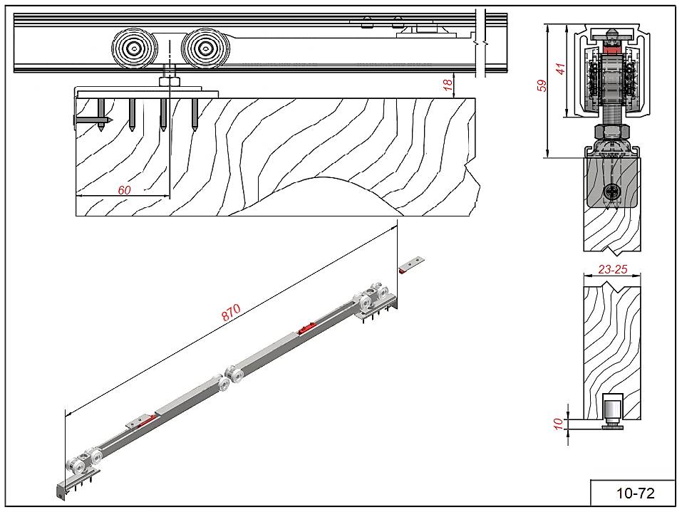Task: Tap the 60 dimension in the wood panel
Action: (x=124, y=189)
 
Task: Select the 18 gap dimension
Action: (x=448, y=84)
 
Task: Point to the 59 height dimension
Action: (x=542, y=86)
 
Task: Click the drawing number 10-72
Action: (x=634, y=493)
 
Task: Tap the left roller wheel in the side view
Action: (x=133, y=48)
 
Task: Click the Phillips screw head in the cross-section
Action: (x=611, y=191)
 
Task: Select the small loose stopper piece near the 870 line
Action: (x=412, y=265)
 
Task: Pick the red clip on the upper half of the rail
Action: (x=306, y=329)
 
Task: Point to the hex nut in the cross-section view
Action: (x=611, y=131)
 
